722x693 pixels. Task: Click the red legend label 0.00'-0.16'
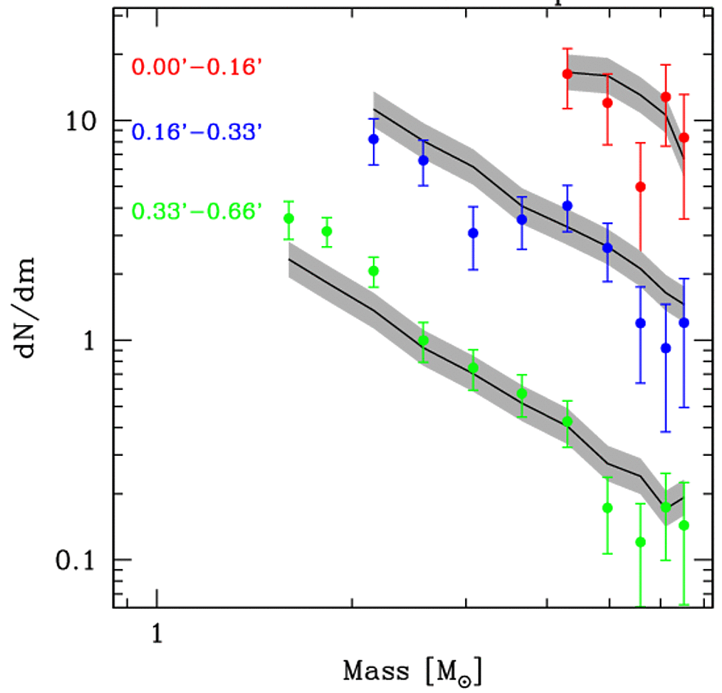(197, 67)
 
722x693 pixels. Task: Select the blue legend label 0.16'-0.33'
(197, 133)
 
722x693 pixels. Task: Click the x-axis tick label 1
(157, 633)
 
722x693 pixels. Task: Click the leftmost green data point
(289, 218)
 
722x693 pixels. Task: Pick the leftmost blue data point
(374, 139)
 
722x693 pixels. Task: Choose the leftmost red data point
(567, 74)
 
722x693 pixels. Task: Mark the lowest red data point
(640, 187)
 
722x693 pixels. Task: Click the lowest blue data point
(666, 348)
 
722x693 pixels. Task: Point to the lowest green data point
(640, 542)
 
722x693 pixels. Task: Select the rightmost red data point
(684, 137)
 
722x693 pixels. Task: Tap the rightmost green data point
(684, 525)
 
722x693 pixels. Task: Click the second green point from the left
(326, 231)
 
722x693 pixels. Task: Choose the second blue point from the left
(424, 160)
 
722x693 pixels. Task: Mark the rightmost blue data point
(684, 322)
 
